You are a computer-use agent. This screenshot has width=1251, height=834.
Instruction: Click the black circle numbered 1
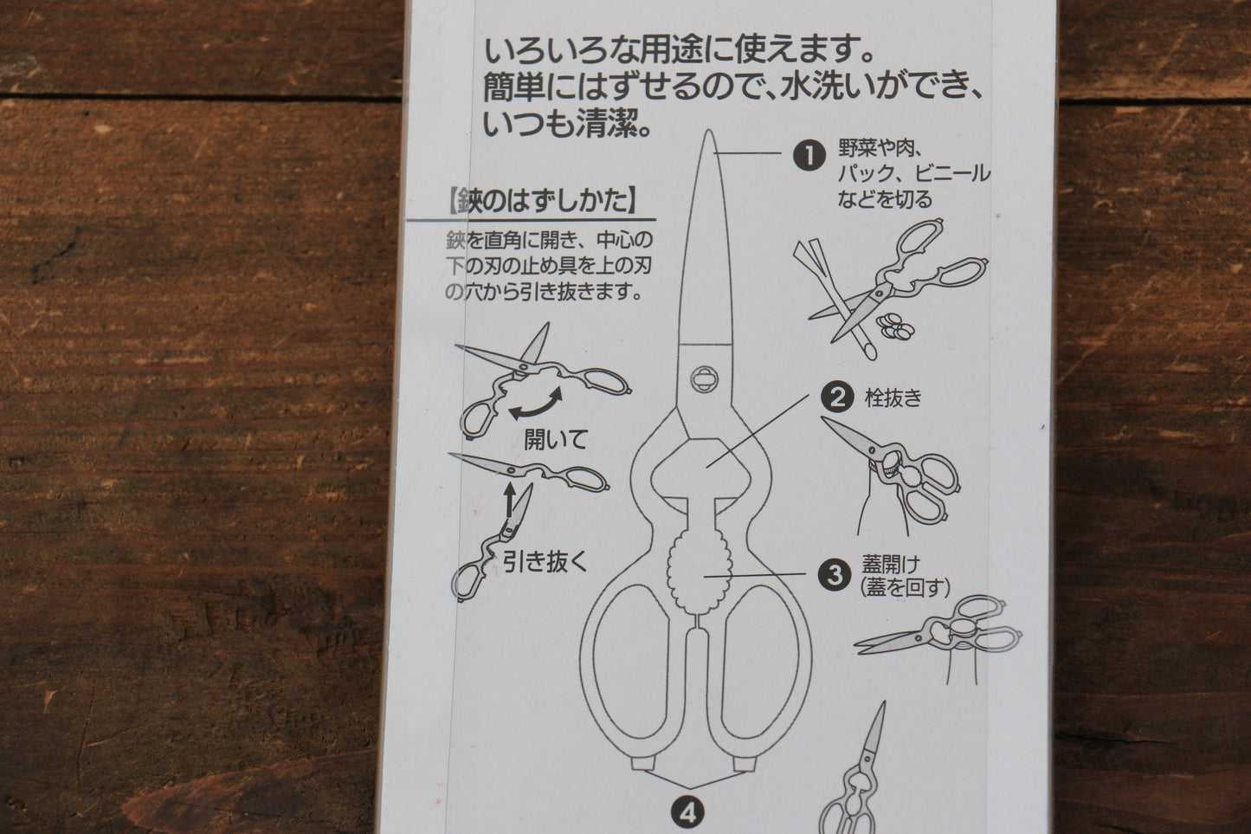pos(809,156)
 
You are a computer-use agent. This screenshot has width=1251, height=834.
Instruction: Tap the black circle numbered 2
pos(837,398)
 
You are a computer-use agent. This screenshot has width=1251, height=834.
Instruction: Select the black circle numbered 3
pos(835,575)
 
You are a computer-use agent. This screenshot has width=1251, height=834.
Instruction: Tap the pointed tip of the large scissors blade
pos(708,134)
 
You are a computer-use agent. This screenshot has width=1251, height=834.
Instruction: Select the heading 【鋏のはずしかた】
pos(543,203)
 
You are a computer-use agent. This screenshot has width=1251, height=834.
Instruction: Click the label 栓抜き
pos(893,398)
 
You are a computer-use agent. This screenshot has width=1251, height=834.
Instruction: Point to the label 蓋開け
pos(887,566)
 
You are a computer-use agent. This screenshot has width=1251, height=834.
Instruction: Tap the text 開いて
pos(555,439)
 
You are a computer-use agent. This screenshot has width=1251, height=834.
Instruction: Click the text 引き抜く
pos(545,562)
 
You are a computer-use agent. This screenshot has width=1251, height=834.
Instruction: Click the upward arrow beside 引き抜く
pos(509,500)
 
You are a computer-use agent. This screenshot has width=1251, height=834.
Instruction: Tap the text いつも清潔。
pos(567,126)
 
